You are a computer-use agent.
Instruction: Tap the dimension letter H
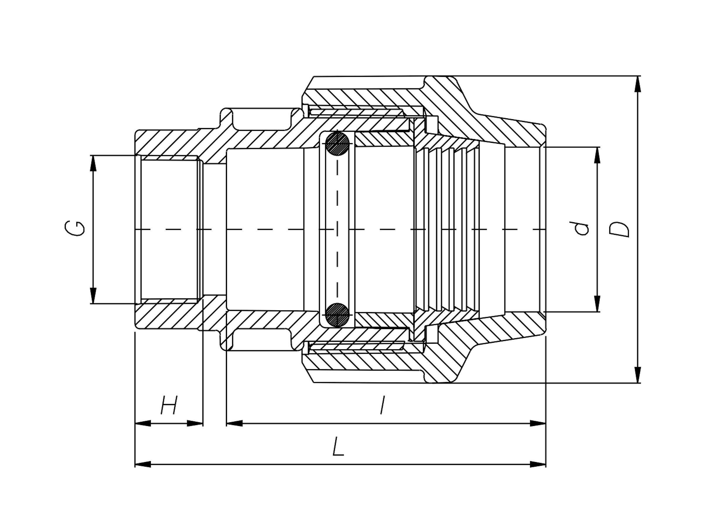click(169, 405)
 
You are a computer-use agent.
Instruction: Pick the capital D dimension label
click(619, 229)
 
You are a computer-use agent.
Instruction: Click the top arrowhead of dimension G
click(93, 163)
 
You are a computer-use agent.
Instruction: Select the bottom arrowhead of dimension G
click(93, 296)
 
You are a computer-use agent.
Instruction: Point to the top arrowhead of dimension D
click(637, 84)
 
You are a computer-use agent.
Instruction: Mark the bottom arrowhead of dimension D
click(637, 375)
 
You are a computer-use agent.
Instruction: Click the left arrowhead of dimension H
click(143, 423)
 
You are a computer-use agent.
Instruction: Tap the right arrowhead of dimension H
click(195, 423)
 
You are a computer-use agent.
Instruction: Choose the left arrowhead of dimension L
click(143, 464)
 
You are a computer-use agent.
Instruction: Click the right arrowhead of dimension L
click(538, 464)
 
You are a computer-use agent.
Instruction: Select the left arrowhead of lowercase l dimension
click(235, 423)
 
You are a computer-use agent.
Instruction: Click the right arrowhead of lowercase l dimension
click(538, 423)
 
